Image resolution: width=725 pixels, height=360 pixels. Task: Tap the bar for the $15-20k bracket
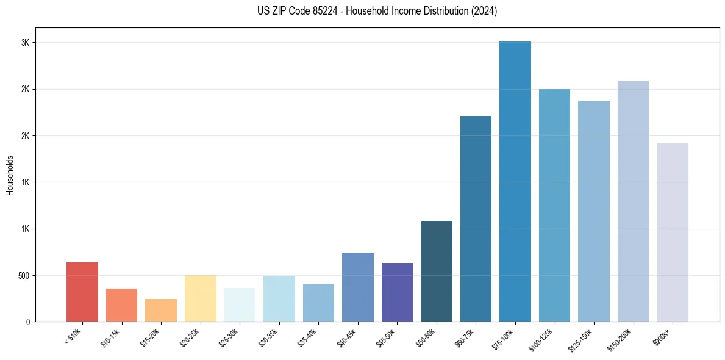click(161, 310)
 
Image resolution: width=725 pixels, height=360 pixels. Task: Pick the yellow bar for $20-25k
click(200, 298)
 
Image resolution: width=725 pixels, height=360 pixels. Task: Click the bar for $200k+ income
click(672, 232)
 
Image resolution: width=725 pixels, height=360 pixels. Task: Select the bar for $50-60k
click(436, 271)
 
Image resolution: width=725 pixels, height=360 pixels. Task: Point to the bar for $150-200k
click(633, 201)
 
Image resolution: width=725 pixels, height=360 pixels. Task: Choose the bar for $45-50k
click(397, 292)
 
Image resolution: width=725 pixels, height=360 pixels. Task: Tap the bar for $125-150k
click(593, 211)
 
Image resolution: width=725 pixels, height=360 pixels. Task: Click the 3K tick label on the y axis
click(25, 43)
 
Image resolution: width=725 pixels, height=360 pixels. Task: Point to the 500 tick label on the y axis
click(23, 275)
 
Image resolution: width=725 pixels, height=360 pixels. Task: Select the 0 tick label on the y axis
click(27, 322)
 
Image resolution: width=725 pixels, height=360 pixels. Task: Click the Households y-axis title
click(10, 175)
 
